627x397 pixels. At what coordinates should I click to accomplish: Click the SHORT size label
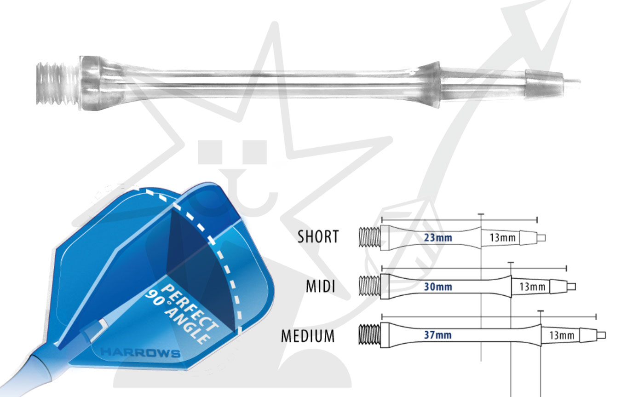pyautogui.click(x=318, y=237)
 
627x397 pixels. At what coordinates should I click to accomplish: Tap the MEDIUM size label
pyautogui.click(x=308, y=336)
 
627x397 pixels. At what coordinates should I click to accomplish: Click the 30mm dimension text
pyautogui.click(x=438, y=287)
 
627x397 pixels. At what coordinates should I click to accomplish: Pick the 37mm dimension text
pyautogui.click(x=438, y=335)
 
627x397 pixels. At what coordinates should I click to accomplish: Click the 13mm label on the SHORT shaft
pyautogui.click(x=502, y=238)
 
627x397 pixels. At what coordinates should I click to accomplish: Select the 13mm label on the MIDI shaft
pyautogui.click(x=532, y=287)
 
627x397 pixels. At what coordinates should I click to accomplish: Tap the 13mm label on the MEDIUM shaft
pyautogui.click(x=561, y=335)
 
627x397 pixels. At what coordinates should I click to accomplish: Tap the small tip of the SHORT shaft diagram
pyautogui.click(x=541, y=238)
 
